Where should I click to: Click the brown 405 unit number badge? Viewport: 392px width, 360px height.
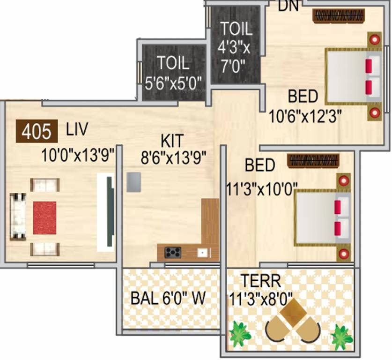click(37, 131)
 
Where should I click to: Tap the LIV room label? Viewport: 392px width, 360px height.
click(77, 129)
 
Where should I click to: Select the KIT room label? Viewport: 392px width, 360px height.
click(172, 140)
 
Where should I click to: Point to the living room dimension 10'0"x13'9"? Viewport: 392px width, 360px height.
click(78, 156)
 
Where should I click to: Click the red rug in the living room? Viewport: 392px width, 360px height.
click(44, 218)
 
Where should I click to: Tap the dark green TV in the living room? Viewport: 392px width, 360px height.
click(110, 212)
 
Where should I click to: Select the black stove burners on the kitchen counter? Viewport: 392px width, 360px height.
click(173, 253)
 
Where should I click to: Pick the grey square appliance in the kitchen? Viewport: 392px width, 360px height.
click(134, 182)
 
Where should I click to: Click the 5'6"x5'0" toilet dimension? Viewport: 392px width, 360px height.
click(174, 83)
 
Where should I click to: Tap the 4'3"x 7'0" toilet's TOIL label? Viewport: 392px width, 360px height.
click(237, 29)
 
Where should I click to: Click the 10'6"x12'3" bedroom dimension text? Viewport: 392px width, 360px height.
click(305, 116)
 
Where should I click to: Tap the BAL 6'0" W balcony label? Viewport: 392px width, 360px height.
click(168, 299)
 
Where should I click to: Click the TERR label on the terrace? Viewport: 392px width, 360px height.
click(261, 282)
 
